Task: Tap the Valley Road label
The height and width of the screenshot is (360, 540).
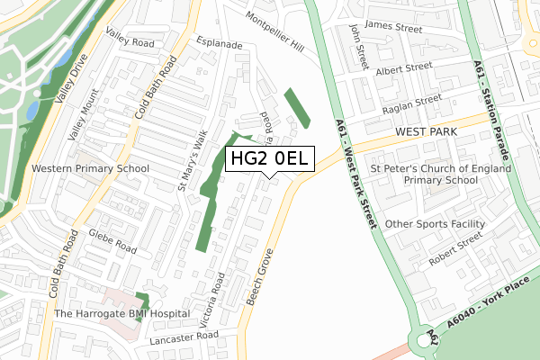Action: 130,35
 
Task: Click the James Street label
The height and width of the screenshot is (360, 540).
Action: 394,29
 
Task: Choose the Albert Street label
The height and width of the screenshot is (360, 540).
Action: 405,68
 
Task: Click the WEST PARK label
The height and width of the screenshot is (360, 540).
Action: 426,132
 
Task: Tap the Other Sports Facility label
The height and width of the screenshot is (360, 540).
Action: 435,223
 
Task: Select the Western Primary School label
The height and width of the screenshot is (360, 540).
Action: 90,168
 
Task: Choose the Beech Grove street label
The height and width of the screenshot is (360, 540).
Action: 259,277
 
